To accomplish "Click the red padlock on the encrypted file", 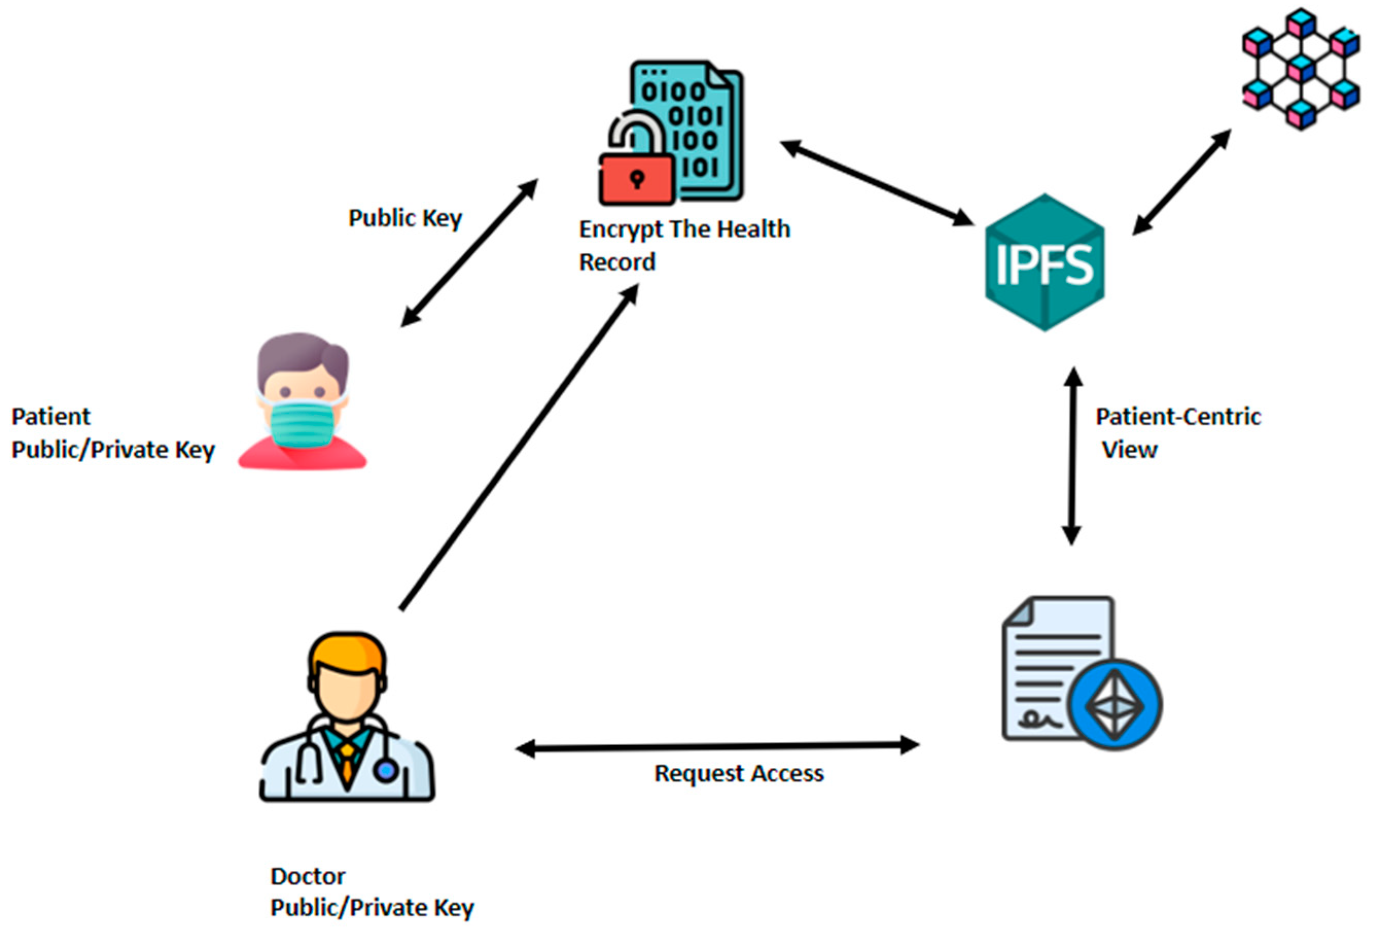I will click(x=637, y=179).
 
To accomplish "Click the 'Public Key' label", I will click(x=405, y=218).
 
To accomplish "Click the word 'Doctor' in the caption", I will click(x=308, y=876).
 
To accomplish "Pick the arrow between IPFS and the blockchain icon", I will click(x=1181, y=182).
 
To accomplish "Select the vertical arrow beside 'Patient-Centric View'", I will click(x=1072, y=455).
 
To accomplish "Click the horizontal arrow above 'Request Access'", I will click(x=717, y=747).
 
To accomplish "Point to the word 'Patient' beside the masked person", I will click(x=51, y=417).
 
